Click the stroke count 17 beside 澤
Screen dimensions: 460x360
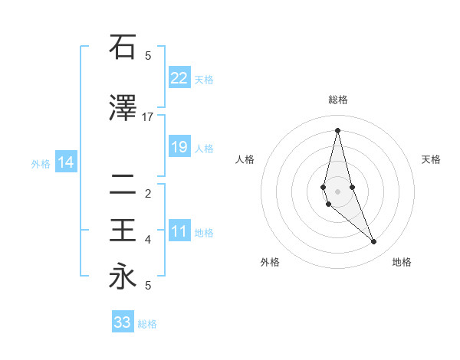click(147, 117)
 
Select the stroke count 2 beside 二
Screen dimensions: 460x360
click(147, 194)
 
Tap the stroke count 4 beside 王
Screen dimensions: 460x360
click(147, 240)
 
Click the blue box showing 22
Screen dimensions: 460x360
click(179, 77)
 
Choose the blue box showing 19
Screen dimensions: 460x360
click(179, 147)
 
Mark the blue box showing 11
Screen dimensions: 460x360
click(179, 231)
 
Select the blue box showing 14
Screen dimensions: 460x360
click(65, 162)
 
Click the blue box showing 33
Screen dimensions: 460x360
click(122, 322)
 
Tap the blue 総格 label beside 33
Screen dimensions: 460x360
click(147, 324)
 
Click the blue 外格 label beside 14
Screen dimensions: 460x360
click(41, 163)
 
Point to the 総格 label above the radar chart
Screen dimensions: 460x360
click(337, 100)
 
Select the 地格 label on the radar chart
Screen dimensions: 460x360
click(402, 262)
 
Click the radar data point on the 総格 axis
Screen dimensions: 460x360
click(337, 129)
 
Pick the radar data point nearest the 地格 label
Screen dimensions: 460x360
click(374, 241)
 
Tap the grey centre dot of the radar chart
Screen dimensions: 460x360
click(337, 191)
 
